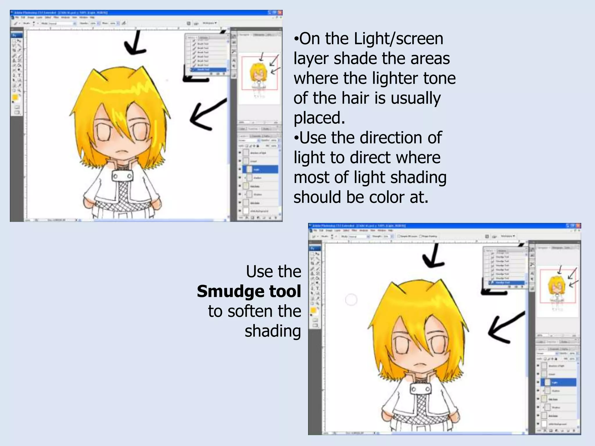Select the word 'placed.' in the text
tap(319, 118)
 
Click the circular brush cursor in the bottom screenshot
tap(351, 300)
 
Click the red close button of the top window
tap(280, 12)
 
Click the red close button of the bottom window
tap(578, 226)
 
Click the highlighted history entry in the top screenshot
tap(209, 70)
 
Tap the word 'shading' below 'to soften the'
tap(273, 331)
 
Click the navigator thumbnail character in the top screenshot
tap(258, 73)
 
